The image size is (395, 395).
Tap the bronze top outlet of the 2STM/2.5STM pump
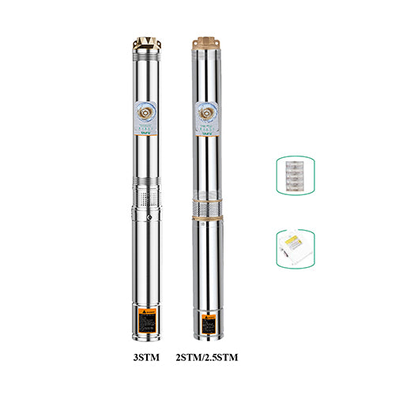pyautogui.click(x=206, y=41)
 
